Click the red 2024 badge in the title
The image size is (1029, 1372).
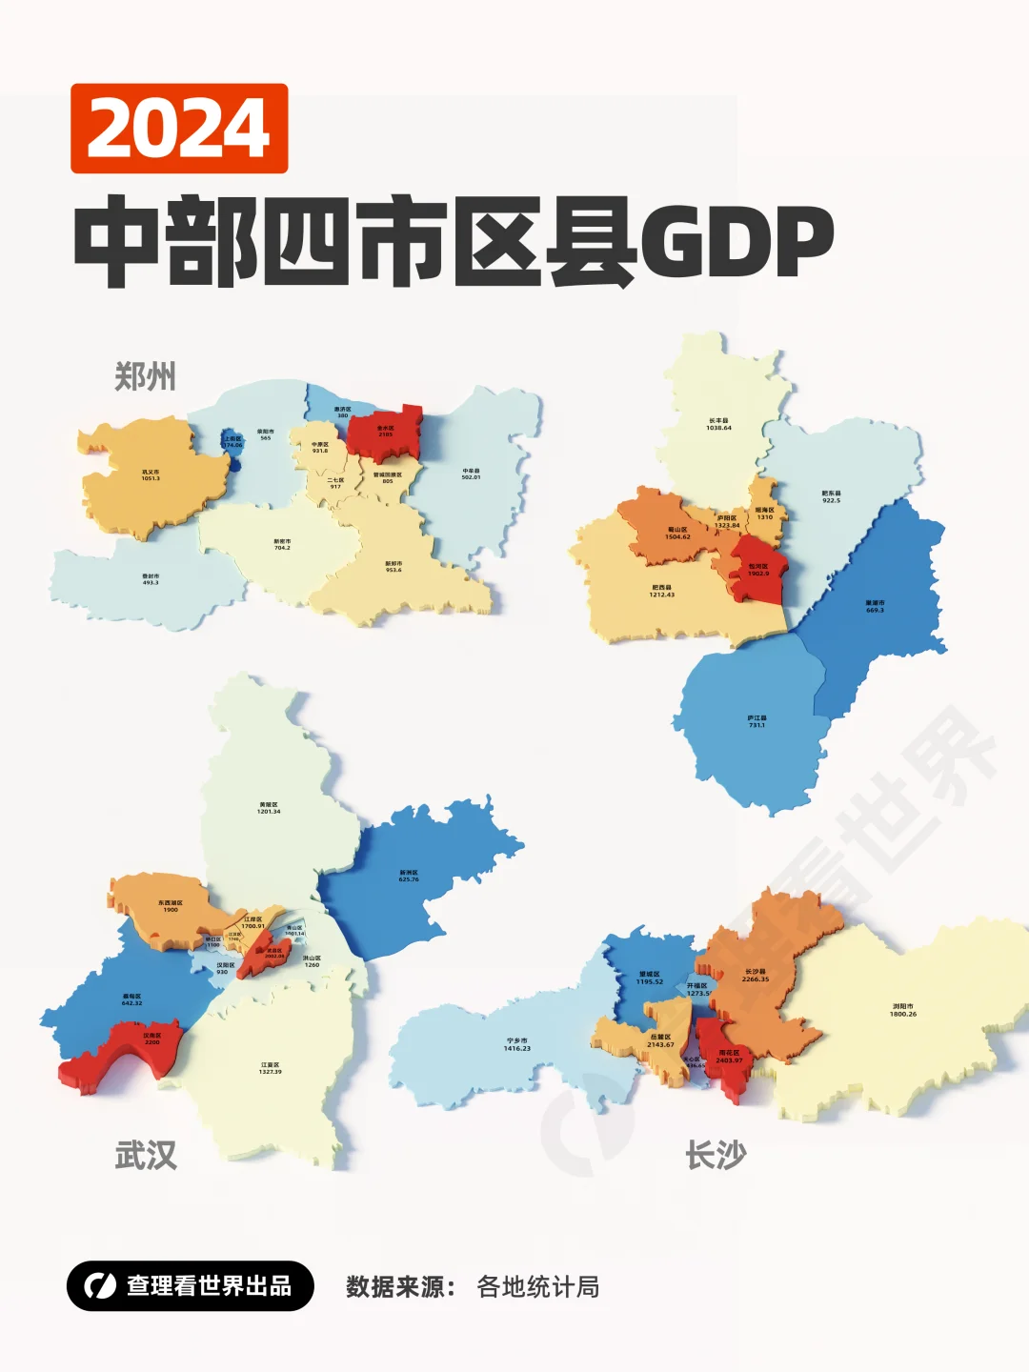[179, 129]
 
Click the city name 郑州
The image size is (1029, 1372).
[145, 377]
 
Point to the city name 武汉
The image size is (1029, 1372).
[146, 1156]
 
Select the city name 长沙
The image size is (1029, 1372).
[716, 1156]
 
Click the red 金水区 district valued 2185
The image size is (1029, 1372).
[385, 432]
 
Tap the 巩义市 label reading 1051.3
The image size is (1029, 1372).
[151, 474]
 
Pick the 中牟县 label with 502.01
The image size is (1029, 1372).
[471, 474]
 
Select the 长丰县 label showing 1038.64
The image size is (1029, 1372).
[718, 424]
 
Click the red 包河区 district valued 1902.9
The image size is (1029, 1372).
[758, 570]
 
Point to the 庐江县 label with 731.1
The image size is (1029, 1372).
[757, 721]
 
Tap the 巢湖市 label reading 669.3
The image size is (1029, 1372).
[875, 606]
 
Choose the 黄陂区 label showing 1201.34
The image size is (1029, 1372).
[269, 808]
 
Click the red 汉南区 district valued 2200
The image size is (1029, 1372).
[151, 1039]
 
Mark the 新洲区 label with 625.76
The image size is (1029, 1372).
[409, 876]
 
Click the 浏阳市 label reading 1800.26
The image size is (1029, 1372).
[903, 1009]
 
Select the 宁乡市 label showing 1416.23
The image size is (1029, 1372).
[517, 1044]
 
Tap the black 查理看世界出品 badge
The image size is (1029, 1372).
[191, 1286]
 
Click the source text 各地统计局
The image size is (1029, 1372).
[537, 1287]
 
